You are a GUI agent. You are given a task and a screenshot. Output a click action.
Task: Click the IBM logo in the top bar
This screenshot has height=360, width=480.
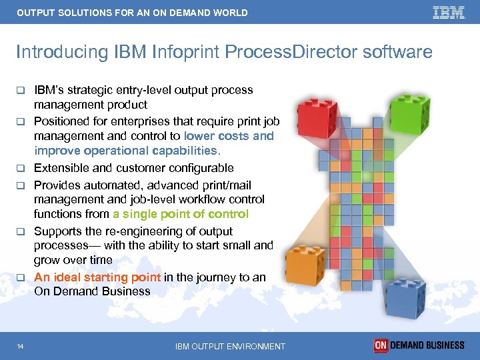pos(448,13)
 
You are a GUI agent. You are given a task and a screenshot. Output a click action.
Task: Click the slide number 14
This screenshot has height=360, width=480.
pos(23,346)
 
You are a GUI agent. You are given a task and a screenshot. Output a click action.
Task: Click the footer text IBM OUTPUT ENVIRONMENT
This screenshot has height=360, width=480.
pos(230,346)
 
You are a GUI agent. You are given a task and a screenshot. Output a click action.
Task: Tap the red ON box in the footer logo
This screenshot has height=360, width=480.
pos(381,345)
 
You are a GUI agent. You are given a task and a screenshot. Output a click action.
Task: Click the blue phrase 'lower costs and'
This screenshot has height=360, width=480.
pos(229,136)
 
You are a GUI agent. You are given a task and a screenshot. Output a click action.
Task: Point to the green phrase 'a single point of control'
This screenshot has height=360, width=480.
pos(180,214)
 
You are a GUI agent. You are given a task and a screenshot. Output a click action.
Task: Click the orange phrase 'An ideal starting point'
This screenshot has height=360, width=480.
pos(97,277)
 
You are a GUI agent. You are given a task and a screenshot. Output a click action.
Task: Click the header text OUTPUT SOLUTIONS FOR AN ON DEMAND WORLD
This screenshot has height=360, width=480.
pos(132,13)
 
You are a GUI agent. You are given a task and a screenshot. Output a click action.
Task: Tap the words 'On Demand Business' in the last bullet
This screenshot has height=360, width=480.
pos(92,291)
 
